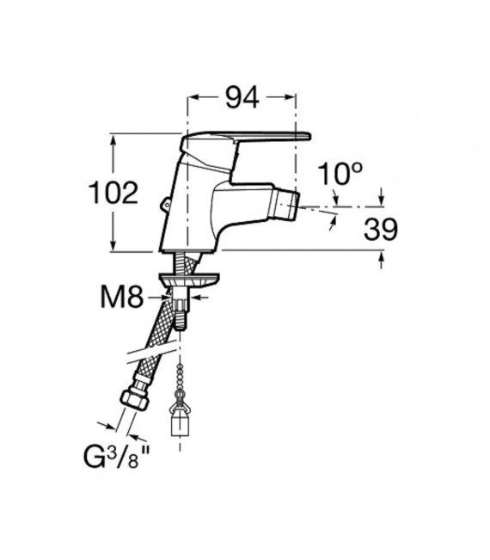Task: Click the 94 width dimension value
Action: click(242, 97)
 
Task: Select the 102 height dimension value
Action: click(113, 193)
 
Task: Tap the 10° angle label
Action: click(340, 174)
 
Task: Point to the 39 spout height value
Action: click(381, 230)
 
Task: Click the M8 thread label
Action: click(122, 298)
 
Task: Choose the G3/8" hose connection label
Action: click(116, 457)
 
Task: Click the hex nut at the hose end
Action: click(135, 399)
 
